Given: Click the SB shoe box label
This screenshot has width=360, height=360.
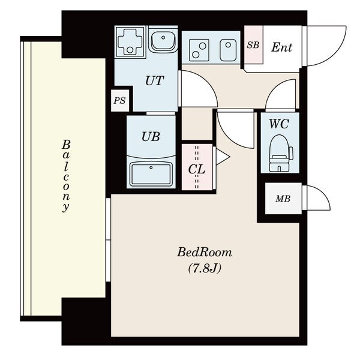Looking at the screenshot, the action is tap(253, 45).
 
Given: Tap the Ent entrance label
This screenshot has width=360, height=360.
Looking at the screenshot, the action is tap(281, 47).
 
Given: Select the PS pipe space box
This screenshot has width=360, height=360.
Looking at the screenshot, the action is tap(120, 101).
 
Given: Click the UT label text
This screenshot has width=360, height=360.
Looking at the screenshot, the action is tap(155, 80).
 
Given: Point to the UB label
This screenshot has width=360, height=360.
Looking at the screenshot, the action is tap(151, 136).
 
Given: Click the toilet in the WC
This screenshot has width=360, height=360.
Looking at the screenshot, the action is tap(281, 153).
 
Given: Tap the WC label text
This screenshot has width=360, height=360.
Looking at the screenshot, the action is tap(279, 124).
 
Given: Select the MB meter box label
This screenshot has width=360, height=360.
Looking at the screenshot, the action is tap(283, 199).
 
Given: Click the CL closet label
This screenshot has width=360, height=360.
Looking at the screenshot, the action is tap(197, 169).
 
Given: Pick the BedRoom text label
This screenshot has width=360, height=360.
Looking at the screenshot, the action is tap(205, 252).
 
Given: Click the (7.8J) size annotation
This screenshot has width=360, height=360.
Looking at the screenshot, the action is tap(205, 268).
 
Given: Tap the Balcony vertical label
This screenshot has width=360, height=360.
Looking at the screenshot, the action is tap(66, 176).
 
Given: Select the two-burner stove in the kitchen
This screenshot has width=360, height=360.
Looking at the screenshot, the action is tap(199, 50).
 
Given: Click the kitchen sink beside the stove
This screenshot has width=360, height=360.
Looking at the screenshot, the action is tap(228, 50).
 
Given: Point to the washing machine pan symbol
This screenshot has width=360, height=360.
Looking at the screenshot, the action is tap(130, 41).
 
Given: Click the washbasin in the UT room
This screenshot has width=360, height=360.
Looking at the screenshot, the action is tap(163, 41).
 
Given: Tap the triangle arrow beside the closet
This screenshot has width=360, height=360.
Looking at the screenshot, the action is tap(223, 157).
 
